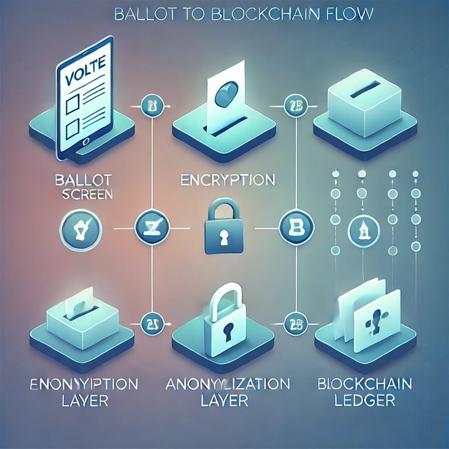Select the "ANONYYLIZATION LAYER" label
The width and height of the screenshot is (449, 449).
pyautogui.click(x=227, y=392)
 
